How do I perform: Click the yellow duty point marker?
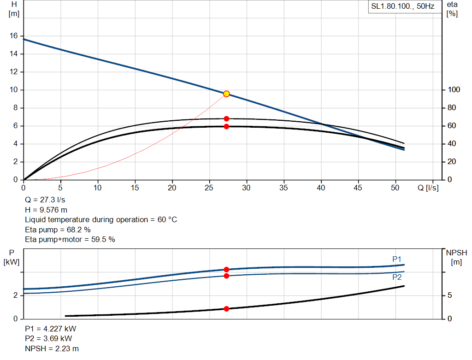[226, 94]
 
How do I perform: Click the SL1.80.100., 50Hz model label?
[403, 7]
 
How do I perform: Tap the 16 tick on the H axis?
[13, 36]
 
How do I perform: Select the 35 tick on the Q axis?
[284, 188]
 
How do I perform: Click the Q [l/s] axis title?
[428, 188]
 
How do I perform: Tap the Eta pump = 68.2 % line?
[58, 230]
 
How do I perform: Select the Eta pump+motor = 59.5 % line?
[70, 239]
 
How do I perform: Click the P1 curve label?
[397, 260]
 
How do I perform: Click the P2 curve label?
[397, 277]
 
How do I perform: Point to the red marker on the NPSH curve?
[226, 309]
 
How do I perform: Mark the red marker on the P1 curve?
[226, 270]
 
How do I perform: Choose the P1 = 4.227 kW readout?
[51, 329]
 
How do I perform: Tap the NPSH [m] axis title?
[456, 257]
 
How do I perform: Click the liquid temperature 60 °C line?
[100, 219]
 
